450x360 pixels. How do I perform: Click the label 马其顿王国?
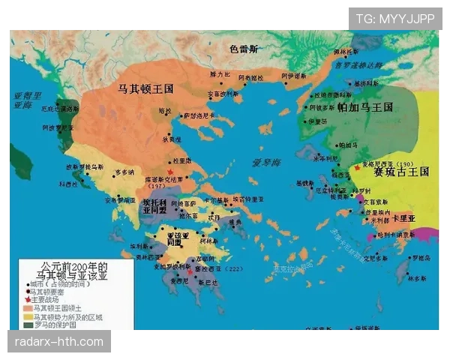click(x=146, y=88)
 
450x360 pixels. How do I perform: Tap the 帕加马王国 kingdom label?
click(x=364, y=107)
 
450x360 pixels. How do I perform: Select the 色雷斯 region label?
click(x=244, y=49)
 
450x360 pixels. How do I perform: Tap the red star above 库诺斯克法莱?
click(x=171, y=172)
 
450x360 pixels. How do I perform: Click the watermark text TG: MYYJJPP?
click(x=395, y=18)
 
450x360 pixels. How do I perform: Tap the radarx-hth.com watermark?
click(x=59, y=342)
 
